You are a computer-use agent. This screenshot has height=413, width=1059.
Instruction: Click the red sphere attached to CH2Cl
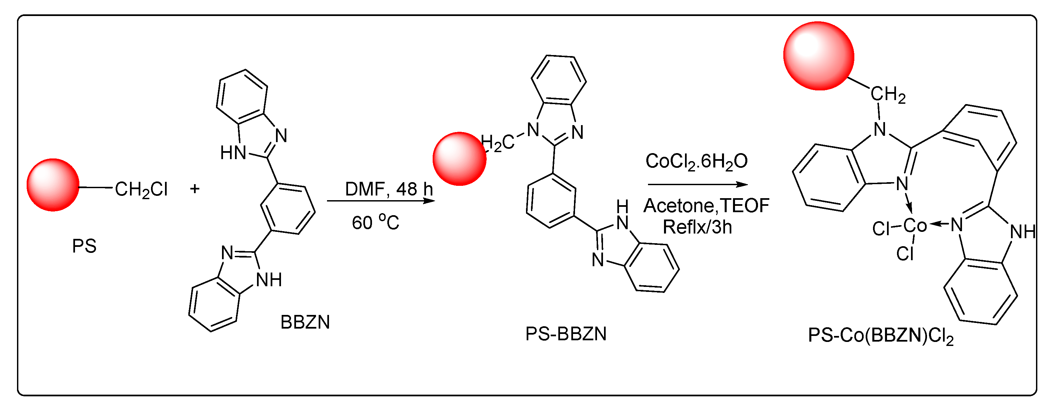pyautogui.click(x=53, y=185)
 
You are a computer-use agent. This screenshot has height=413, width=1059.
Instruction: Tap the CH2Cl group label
pyautogui.click(x=141, y=189)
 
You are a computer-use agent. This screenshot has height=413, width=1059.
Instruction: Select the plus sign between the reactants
pyautogui.click(x=195, y=189)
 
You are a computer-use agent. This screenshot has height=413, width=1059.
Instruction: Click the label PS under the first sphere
pyautogui.click(x=84, y=246)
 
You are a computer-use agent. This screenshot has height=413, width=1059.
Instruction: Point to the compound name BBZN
pyautogui.click(x=305, y=322)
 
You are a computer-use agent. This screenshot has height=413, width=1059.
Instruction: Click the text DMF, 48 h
pyautogui.click(x=389, y=189)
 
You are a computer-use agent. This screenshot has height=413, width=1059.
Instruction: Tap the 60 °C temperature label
pyautogui.click(x=375, y=222)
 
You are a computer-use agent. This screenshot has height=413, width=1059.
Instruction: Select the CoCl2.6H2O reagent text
pyautogui.click(x=696, y=161)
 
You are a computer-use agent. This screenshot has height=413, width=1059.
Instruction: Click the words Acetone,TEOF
pyautogui.click(x=706, y=206)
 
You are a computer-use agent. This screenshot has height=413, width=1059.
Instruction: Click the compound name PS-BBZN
pyautogui.click(x=566, y=334)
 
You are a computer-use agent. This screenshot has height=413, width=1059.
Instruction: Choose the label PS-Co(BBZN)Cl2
pyautogui.click(x=881, y=336)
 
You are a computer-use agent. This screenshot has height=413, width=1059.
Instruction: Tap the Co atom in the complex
pyautogui.click(x=915, y=226)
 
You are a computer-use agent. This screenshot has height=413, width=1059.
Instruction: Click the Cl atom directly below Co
pyautogui.click(x=905, y=254)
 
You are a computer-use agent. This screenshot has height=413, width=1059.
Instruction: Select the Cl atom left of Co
pyautogui.click(x=881, y=229)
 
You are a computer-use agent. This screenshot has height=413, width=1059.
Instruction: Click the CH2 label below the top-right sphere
pyautogui.click(x=888, y=95)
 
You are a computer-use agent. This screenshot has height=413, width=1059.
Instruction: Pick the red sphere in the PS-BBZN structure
pyautogui.click(x=460, y=159)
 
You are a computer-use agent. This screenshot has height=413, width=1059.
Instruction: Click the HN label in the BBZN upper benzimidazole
pyautogui.click(x=233, y=153)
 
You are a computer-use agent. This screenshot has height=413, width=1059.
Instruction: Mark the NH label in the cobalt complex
pyautogui.click(x=1023, y=232)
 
